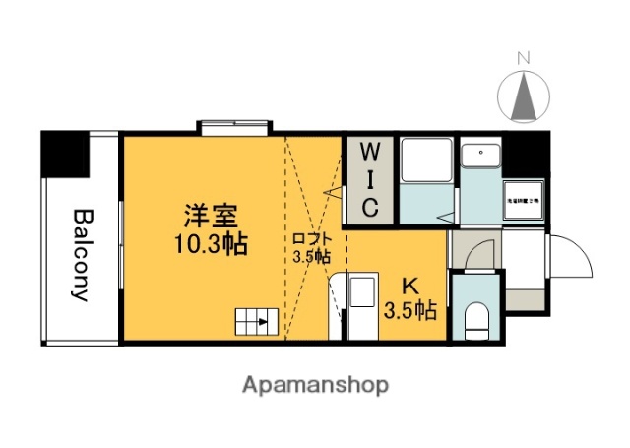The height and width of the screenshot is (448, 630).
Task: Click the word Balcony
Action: click(x=82, y=256)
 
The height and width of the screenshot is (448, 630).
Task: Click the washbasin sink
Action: click(x=479, y=155)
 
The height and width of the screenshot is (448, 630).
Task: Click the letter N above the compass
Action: click(x=524, y=57)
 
